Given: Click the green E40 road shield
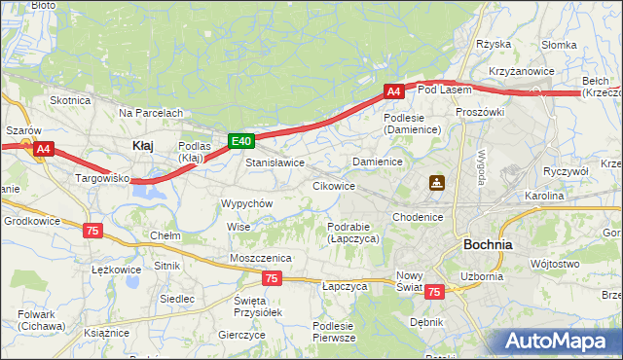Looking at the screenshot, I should (x=242, y=141).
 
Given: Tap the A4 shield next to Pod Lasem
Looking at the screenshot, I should (x=393, y=91).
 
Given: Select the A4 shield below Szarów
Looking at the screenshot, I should (x=43, y=149).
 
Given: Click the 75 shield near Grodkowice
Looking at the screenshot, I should (x=92, y=230).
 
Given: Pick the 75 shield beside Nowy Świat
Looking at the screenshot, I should (x=434, y=291).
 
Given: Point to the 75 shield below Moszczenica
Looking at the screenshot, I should (x=272, y=278).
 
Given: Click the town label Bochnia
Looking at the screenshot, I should (x=489, y=244).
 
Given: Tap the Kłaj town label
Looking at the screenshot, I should (x=142, y=145).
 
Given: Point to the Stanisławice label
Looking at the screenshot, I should (x=275, y=162).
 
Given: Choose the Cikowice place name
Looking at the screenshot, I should (x=333, y=185).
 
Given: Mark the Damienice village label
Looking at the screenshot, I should (x=378, y=161).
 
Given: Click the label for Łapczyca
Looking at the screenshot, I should (x=344, y=287).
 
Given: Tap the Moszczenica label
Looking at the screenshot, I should (x=261, y=257).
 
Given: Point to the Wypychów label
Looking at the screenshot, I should (x=247, y=203).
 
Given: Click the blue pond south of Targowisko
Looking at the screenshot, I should (x=148, y=195).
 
